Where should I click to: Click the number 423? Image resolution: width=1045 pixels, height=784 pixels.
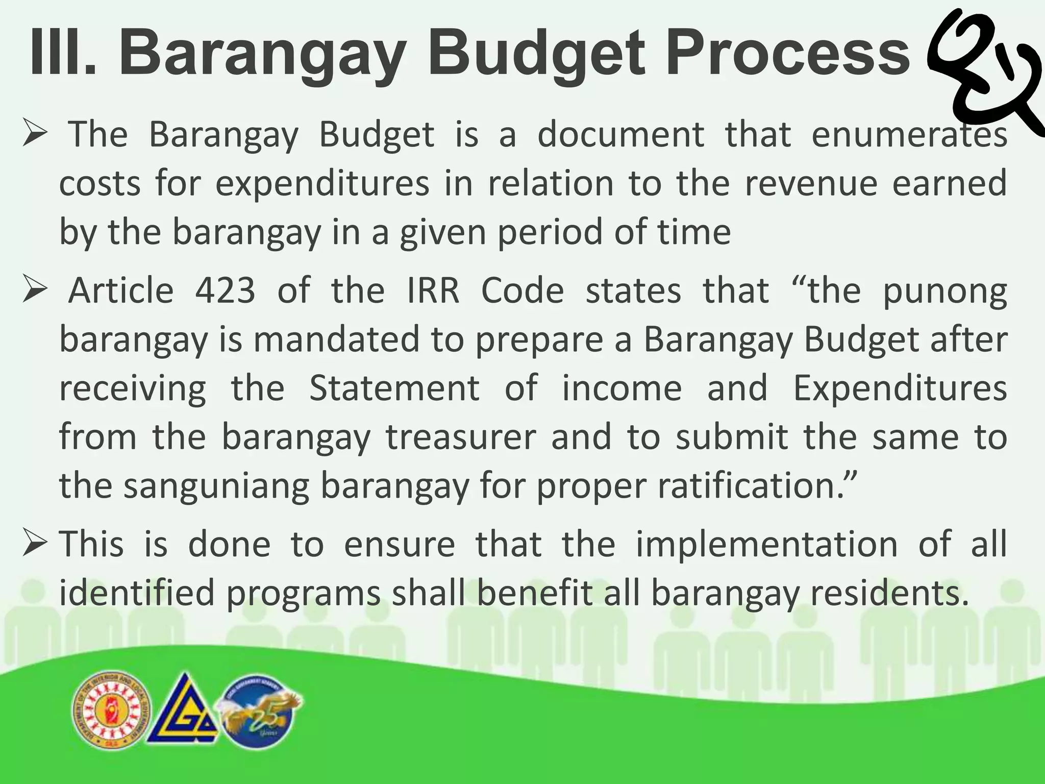point(225,291)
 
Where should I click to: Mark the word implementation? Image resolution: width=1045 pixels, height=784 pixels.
point(766,544)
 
